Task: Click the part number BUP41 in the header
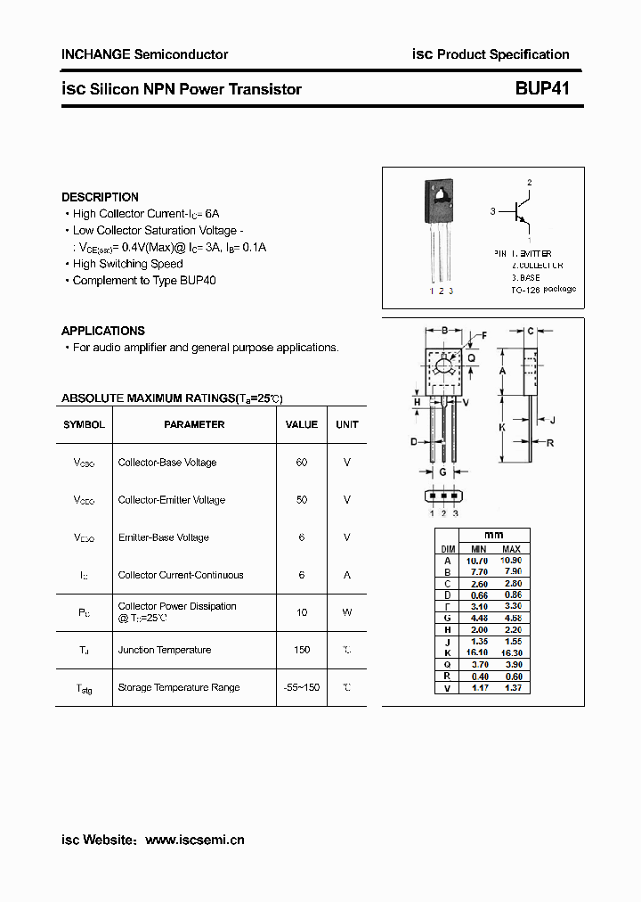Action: pos(541,88)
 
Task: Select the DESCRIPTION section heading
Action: pos(100,197)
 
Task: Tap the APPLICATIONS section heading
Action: pos(102,331)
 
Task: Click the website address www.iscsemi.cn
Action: pos(194,840)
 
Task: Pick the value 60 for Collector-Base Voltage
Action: pos(301,463)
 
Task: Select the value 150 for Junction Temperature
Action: pos(301,650)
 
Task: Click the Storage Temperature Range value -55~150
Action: pos(301,687)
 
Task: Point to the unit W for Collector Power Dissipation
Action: pos(346,612)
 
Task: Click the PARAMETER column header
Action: pos(194,424)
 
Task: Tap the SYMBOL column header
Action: pos(84,424)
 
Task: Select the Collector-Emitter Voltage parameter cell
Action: pos(171,500)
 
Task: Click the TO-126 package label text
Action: pos(543,290)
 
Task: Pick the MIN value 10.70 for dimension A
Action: pos(478,560)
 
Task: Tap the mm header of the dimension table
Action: pos(493,535)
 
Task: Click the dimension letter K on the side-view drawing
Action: pos(502,427)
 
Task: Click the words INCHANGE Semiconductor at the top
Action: pos(144,54)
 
